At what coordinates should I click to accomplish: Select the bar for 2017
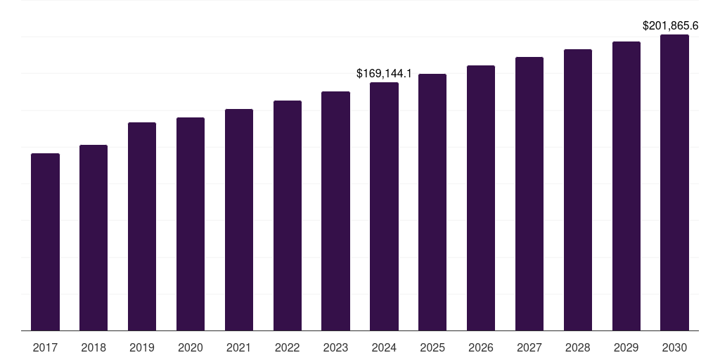point(45,242)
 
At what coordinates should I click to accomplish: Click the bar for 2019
point(142,226)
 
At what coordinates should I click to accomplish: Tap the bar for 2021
point(239,219)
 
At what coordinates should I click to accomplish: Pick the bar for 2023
point(335,211)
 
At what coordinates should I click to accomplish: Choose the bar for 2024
point(384,206)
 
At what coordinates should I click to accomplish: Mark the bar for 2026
point(481,198)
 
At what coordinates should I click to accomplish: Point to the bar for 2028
point(578,190)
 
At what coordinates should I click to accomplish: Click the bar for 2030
point(674,182)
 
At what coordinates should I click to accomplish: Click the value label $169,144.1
point(384,73)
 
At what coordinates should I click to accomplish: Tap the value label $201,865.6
point(670,26)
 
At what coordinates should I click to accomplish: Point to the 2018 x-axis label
point(94,347)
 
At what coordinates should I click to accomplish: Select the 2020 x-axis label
point(191,347)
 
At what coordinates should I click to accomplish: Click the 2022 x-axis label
point(287,347)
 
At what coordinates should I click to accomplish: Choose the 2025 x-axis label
point(432,347)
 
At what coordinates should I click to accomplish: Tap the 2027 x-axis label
point(529,347)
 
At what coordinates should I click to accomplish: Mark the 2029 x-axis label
point(626,347)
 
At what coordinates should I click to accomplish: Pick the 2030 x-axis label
point(674,347)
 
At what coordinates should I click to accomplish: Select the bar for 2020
point(191,224)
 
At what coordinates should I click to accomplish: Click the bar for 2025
point(432,202)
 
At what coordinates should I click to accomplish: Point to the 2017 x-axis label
point(45,347)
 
